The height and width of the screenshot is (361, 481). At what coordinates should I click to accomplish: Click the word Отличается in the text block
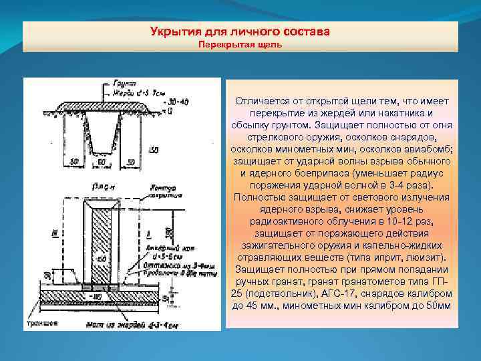pyautogui.click(x=261, y=100)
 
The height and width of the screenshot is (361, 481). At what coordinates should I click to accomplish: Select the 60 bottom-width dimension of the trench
pyautogui.click(x=100, y=162)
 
